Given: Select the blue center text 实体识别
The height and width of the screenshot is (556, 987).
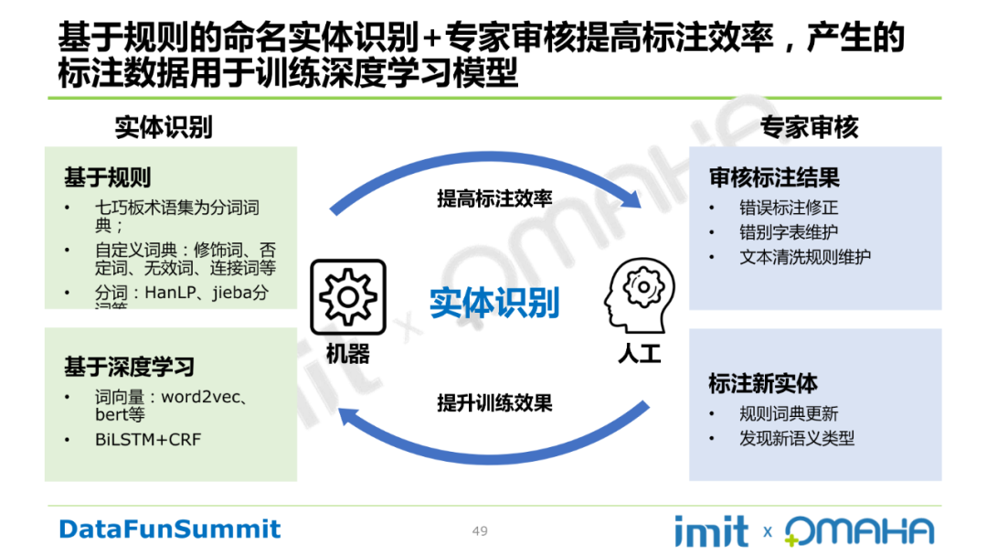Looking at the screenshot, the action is pyautogui.click(x=493, y=302).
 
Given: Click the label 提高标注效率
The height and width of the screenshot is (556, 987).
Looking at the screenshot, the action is pyautogui.click(x=493, y=198).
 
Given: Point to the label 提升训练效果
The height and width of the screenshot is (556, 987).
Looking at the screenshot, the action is pyautogui.click(x=493, y=402).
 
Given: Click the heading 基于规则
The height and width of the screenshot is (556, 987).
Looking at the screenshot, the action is pyautogui.click(x=107, y=177).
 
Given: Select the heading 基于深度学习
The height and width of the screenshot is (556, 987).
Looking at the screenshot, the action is pyautogui.click(x=129, y=368).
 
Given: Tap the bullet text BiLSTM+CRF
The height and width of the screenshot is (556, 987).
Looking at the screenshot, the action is pyautogui.click(x=147, y=440).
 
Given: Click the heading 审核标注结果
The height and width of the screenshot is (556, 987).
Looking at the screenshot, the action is pyautogui.click(x=774, y=177).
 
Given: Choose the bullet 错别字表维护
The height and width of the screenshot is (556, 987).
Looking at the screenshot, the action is pyautogui.click(x=789, y=232).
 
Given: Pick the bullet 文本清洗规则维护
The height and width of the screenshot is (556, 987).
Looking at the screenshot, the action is pyautogui.click(x=805, y=257).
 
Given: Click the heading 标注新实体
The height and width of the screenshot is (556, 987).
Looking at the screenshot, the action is pyautogui.click(x=763, y=383).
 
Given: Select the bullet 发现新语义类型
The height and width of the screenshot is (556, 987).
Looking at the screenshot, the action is pyautogui.click(x=797, y=439).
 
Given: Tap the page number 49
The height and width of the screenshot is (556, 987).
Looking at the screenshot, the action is pyautogui.click(x=480, y=531).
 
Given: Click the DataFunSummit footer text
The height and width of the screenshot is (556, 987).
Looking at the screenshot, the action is pyautogui.click(x=170, y=529).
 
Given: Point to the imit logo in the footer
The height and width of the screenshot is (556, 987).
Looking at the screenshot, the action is pyautogui.click(x=711, y=531).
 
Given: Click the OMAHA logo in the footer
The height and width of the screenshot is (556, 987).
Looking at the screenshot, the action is pyautogui.click(x=859, y=531).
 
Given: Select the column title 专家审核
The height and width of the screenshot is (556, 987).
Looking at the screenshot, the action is pyautogui.click(x=809, y=128).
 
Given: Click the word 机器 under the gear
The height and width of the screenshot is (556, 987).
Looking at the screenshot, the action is pyautogui.click(x=347, y=354).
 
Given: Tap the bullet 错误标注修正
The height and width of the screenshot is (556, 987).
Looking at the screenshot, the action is pyautogui.click(x=789, y=208).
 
